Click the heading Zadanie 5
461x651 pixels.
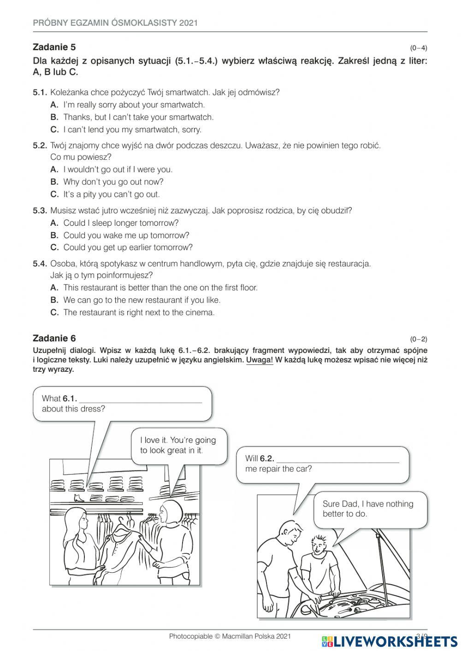[x=54, y=47]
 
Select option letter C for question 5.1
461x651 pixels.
[x=54, y=129]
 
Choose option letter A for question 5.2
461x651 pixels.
[x=54, y=170]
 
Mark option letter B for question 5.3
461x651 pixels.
[x=54, y=235]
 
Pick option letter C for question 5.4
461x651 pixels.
[x=54, y=312]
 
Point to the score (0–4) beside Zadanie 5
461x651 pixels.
[x=418, y=48]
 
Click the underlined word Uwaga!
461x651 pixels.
[x=260, y=360]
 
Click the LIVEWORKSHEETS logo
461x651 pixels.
[x=390, y=641]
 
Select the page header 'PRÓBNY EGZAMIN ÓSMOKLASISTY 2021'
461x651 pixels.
[x=115, y=23]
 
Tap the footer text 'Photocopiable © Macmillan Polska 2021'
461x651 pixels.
[x=230, y=636]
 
